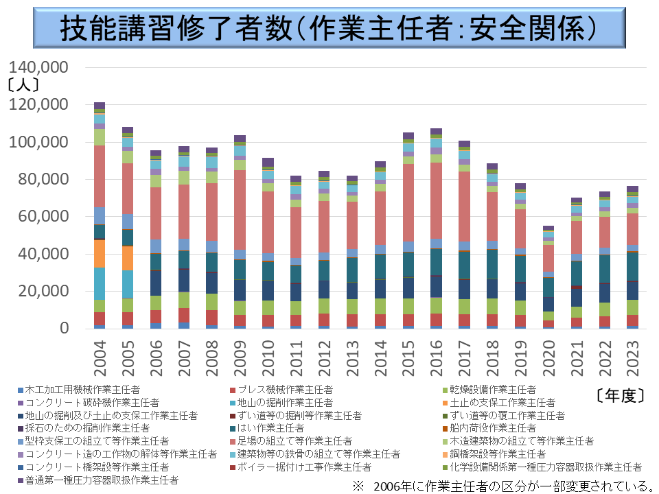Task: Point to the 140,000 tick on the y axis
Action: [38, 67]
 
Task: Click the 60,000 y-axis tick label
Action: [42, 216]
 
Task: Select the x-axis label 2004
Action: [100, 356]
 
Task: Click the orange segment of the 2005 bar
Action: [128, 258]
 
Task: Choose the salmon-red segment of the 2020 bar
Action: [548, 258]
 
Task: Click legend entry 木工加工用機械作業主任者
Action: [82, 389]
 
